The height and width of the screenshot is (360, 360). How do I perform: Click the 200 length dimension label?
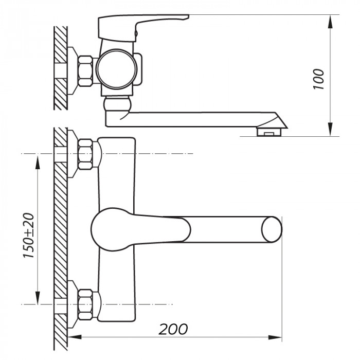[173, 328]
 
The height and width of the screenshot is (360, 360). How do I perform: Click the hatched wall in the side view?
[61, 67]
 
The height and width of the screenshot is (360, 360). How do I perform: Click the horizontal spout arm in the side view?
[190, 119]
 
